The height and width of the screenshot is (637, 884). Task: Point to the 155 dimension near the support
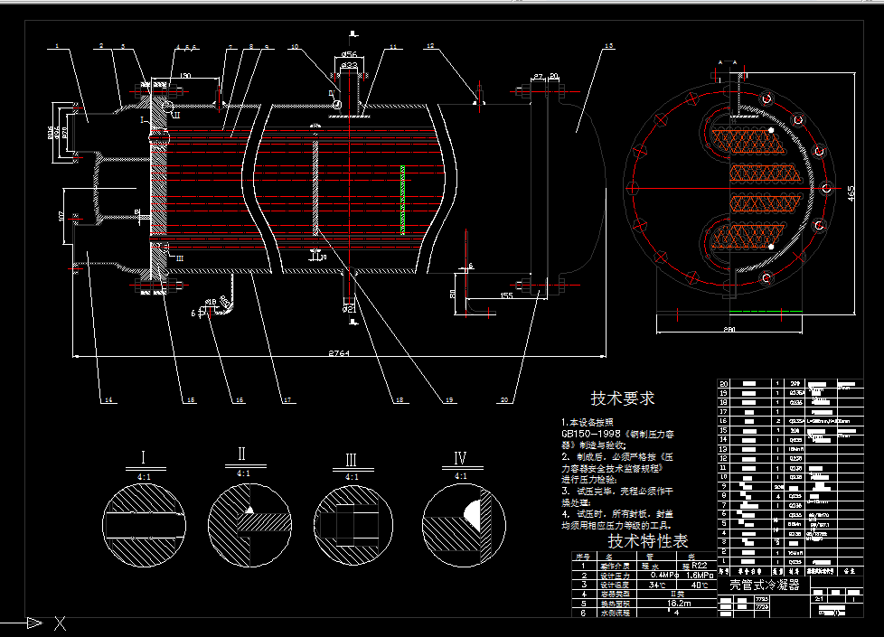(x=507, y=295)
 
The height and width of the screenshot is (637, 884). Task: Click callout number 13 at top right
(x=608, y=46)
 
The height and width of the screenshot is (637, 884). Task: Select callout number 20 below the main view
(x=504, y=398)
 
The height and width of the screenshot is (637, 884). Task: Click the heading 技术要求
(x=623, y=398)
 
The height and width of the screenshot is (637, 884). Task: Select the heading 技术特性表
(x=647, y=541)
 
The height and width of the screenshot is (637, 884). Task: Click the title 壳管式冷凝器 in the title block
(x=764, y=585)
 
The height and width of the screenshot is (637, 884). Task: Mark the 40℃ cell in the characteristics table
(x=699, y=585)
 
